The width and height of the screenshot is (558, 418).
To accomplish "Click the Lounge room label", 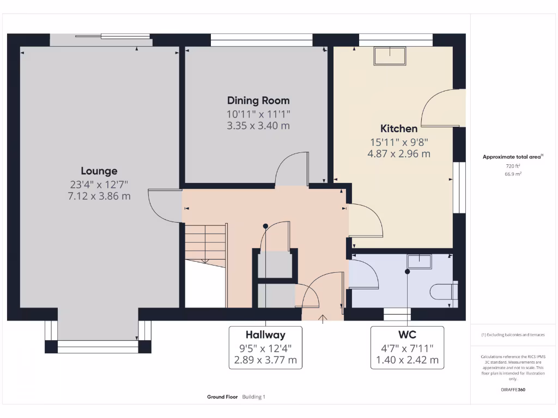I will coord(99,171).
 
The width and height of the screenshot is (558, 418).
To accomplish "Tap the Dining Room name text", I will coord(258,101).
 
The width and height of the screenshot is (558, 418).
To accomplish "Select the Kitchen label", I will coord(399,129).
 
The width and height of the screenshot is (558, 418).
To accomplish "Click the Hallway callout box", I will coord(265,347).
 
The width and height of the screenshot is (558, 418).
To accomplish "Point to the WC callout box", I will coord(407,347).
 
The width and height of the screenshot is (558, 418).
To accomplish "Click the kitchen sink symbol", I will coord(390,56).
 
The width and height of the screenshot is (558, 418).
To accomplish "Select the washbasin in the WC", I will coord(419,262).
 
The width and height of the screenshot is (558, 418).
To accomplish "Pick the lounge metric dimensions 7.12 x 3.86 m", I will coord(99,196).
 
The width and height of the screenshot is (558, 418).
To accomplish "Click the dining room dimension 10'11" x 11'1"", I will coord(258,114).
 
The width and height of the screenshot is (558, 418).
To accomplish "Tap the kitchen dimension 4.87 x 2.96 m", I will coord(399,154).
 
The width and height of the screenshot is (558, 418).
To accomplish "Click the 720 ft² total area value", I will coord(513,165).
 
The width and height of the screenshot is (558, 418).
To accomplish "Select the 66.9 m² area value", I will coord(513,174).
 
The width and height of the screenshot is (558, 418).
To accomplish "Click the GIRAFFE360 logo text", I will coord(513,390).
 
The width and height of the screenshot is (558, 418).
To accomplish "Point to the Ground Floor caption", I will coord(222,397).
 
